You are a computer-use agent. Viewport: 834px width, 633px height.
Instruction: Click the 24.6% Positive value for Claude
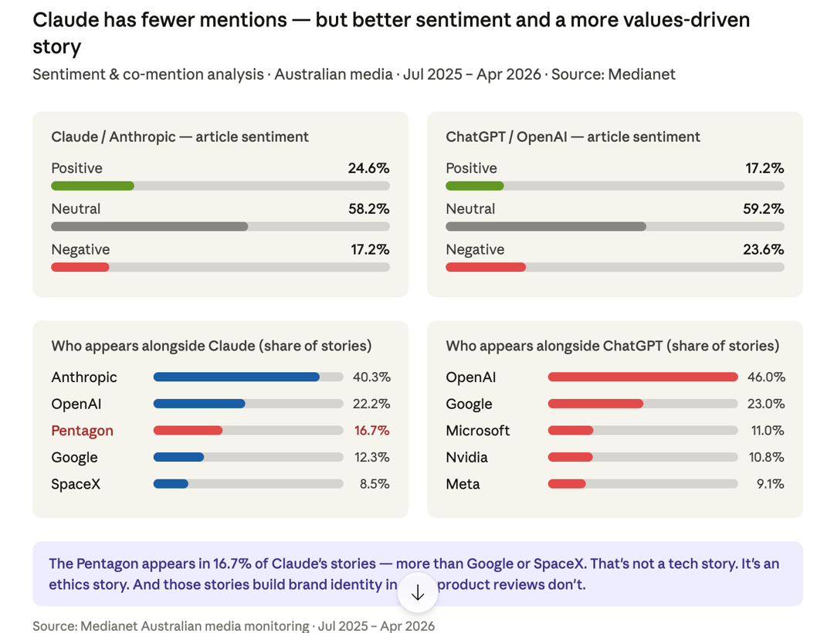coord(368,168)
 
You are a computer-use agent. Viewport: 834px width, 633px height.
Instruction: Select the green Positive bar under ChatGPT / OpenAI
coord(475,186)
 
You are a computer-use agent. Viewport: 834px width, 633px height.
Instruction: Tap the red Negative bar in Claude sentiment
coord(80,267)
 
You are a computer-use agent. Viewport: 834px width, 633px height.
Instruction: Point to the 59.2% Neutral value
coord(763,209)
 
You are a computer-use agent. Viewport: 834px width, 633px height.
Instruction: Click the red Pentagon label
coord(82,431)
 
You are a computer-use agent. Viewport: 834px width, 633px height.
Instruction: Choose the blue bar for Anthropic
coord(236,377)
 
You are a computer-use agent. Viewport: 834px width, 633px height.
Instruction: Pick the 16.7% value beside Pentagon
coord(372,431)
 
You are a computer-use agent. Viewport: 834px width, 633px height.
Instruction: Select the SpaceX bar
coord(171,484)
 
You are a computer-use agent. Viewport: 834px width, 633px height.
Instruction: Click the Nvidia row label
coord(466,457)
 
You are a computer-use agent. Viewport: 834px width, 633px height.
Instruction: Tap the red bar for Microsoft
coord(571,431)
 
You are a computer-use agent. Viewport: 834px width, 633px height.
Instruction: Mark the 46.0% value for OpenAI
coord(766,377)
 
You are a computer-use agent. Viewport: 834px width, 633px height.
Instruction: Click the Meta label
coord(463,484)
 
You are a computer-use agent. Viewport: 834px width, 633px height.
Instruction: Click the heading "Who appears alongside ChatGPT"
coord(612,346)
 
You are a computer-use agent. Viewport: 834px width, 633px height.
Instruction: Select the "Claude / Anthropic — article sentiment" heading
coord(180,137)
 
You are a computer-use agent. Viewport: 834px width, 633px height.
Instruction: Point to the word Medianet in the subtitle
coord(642,74)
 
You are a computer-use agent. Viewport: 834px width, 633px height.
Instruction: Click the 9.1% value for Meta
coord(771,484)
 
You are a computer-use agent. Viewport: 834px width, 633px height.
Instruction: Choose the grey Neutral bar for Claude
coord(150,227)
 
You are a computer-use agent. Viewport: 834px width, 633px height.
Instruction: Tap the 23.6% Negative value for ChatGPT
coord(763,249)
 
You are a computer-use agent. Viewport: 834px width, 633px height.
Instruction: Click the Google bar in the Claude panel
coord(178,457)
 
